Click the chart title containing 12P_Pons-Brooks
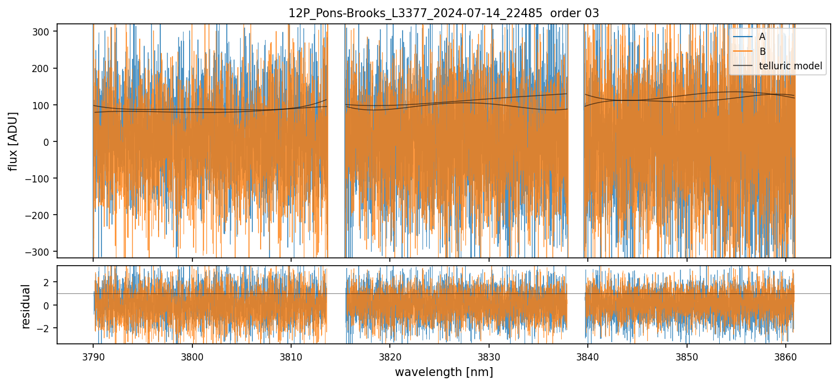pyautogui.click(x=443, y=13)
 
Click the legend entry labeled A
pyautogui.click(x=762, y=37)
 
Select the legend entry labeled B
pyautogui.click(x=762, y=52)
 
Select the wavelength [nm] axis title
pyautogui.click(x=444, y=372)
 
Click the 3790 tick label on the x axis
pyautogui.click(x=93, y=355)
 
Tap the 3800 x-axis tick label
pyautogui.click(x=192, y=355)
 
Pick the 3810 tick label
pyautogui.click(x=291, y=355)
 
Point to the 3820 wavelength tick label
pyautogui.click(x=390, y=355)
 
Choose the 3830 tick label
pyautogui.click(x=489, y=355)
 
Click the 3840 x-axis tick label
pyautogui.click(x=588, y=355)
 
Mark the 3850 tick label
pyautogui.click(x=687, y=355)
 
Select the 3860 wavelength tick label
pyautogui.click(x=786, y=355)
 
